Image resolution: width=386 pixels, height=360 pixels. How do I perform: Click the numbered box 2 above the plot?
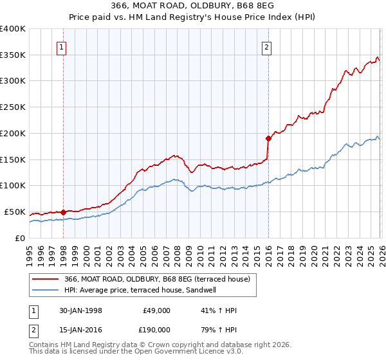coord(266,47)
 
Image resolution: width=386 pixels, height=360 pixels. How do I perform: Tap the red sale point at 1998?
coord(64,212)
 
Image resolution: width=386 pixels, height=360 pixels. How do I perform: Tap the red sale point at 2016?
coord(268,138)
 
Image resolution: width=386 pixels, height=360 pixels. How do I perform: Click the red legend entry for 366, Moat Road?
coord(161,278)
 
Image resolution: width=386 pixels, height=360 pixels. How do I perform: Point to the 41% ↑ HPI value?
coord(219,310)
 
